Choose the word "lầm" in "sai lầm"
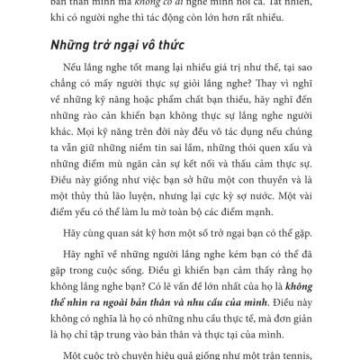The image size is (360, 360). tap(199, 149)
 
